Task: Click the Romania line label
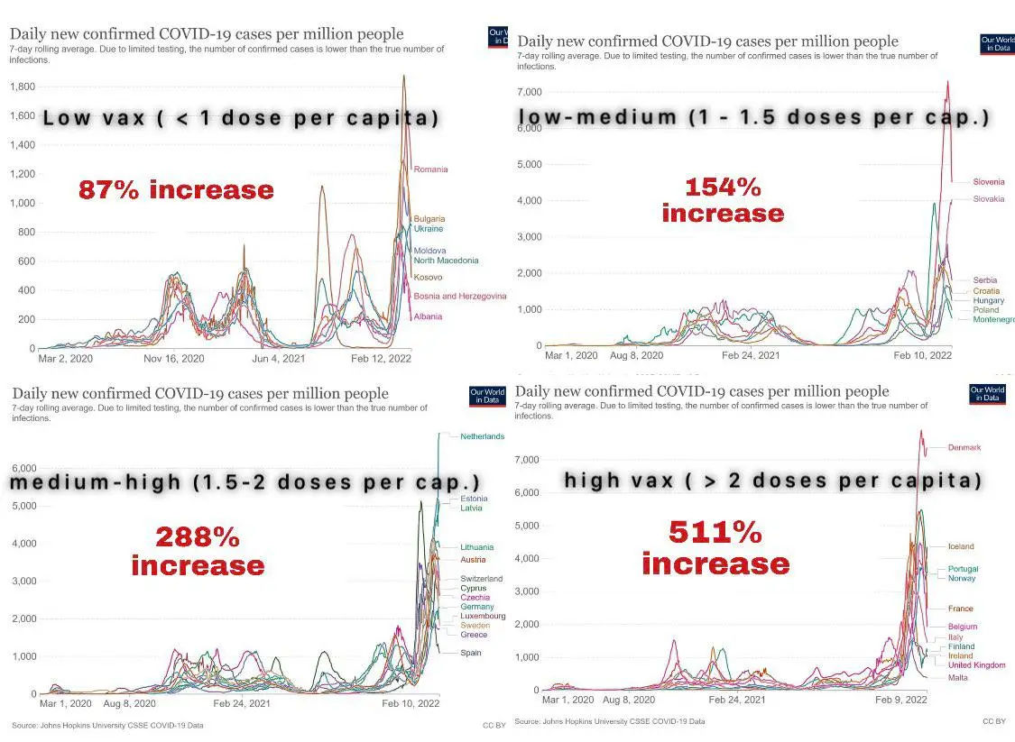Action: [430, 169]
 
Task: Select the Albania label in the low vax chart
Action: [428, 317]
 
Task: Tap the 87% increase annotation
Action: [176, 190]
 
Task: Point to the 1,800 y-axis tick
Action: [22, 87]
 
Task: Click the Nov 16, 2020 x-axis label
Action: [175, 359]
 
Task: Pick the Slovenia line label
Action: [988, 182]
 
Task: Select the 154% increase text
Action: [723, 200]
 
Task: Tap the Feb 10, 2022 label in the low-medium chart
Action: [922, 355]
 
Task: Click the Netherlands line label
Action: [482, 436]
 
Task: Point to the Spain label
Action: [471, 653]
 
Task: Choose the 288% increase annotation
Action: [198, 551]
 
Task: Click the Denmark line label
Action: [964, 448]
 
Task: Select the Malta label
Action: [957, 677]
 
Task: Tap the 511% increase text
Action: [715, 548]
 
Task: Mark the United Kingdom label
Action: [976, 665]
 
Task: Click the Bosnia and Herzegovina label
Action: [459, 297]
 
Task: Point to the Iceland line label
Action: [961, 546]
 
